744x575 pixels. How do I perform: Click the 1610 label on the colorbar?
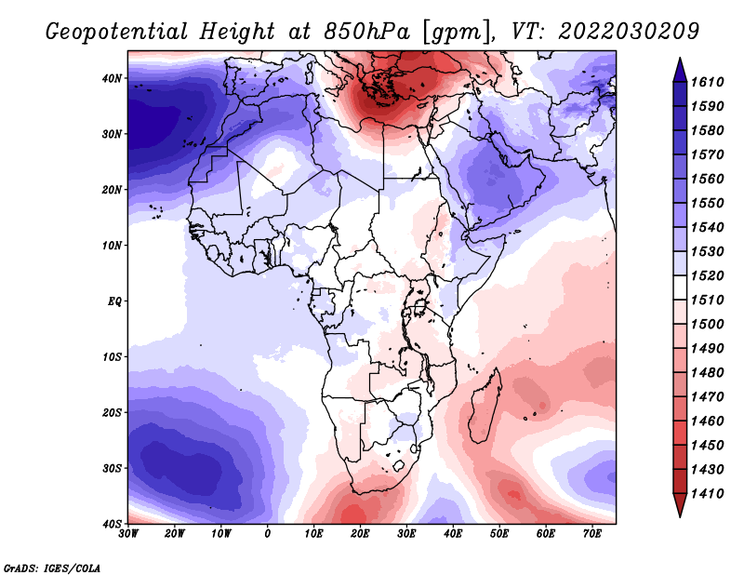[707, 82]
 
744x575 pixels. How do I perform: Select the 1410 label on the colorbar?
[707, 494]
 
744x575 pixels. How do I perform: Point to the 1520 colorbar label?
[707, 275]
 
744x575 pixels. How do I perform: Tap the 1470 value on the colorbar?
[707, 397]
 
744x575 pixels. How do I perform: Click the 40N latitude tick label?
[112, 78]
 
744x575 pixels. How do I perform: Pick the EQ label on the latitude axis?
[114, 301]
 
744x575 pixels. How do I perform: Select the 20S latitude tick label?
[112, 412]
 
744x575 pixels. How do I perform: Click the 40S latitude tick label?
[112, 524]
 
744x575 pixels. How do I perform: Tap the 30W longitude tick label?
[128, 534]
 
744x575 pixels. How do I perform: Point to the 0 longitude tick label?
[268, 534]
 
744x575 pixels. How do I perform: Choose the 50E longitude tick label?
[499, 534]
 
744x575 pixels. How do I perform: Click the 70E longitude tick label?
[592, 534]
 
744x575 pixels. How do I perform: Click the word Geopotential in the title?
[117, 32]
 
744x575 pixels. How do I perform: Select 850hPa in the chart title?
[366, 32]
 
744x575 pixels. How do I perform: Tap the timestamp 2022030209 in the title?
[629, 32]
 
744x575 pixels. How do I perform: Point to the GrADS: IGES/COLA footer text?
[52, 568]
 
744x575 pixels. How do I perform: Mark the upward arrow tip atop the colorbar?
[680, 59]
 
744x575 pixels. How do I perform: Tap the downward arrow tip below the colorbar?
[680, 517]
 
